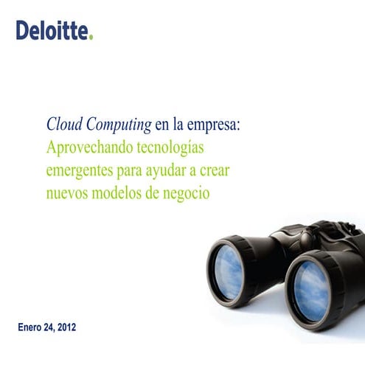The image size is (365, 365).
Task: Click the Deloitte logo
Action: (x=54, y=30)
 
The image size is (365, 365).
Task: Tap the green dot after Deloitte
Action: (x=91, y=37)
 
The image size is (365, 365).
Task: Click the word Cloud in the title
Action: (x=63, y=124)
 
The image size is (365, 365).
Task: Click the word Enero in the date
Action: (x=32, y=325)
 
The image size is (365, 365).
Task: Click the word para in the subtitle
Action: (x=130, y=172)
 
